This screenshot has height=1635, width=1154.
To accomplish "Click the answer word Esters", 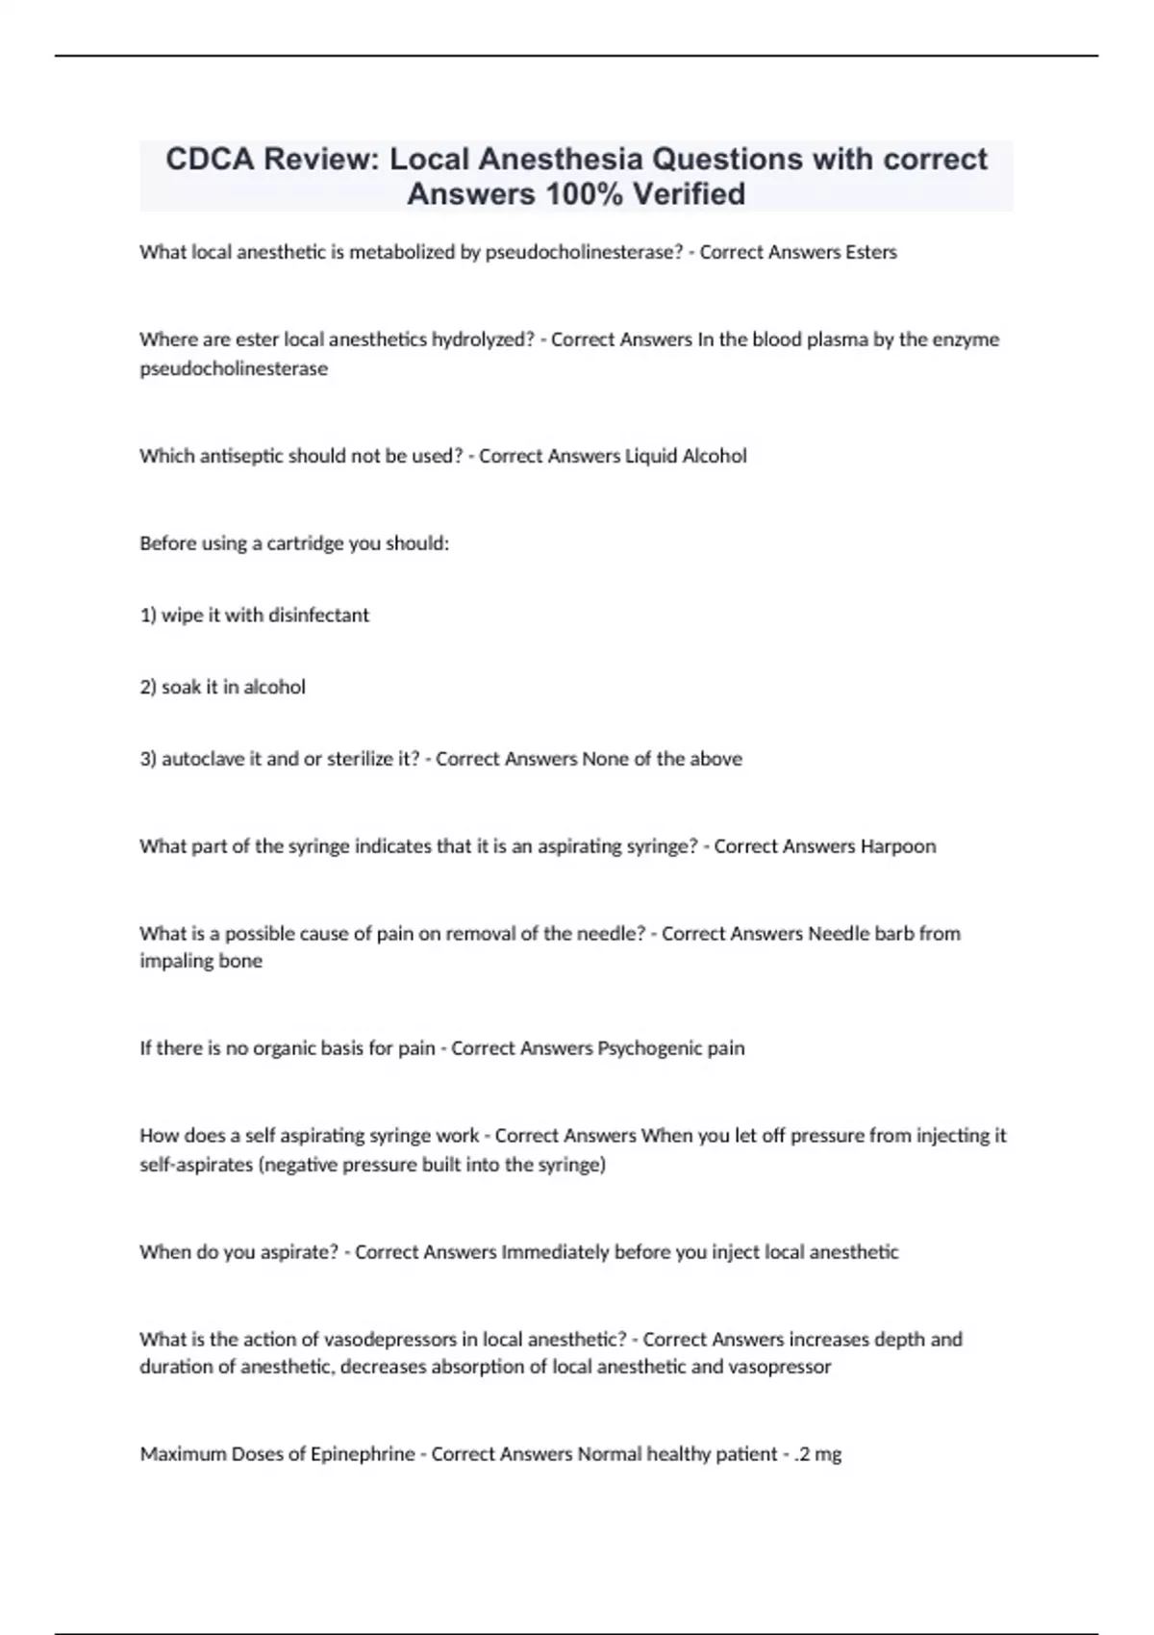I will coord(870,252).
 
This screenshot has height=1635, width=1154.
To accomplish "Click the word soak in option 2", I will coord(181,687).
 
